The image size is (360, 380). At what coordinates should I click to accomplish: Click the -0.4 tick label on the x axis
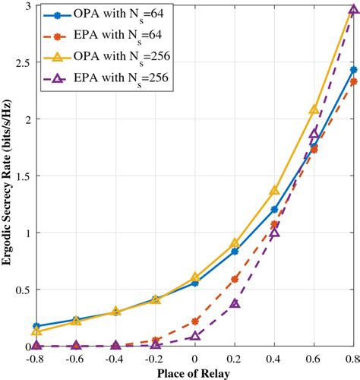(x=115, y=358)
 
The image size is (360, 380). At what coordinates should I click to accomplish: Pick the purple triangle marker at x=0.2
(x=235, y=303)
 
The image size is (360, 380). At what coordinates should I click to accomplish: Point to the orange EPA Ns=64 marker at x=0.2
(x=235, y=279)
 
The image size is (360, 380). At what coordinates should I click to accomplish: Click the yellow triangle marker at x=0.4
(x=274, y=191)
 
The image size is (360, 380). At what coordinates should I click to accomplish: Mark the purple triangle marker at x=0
(x=195, y=335)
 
